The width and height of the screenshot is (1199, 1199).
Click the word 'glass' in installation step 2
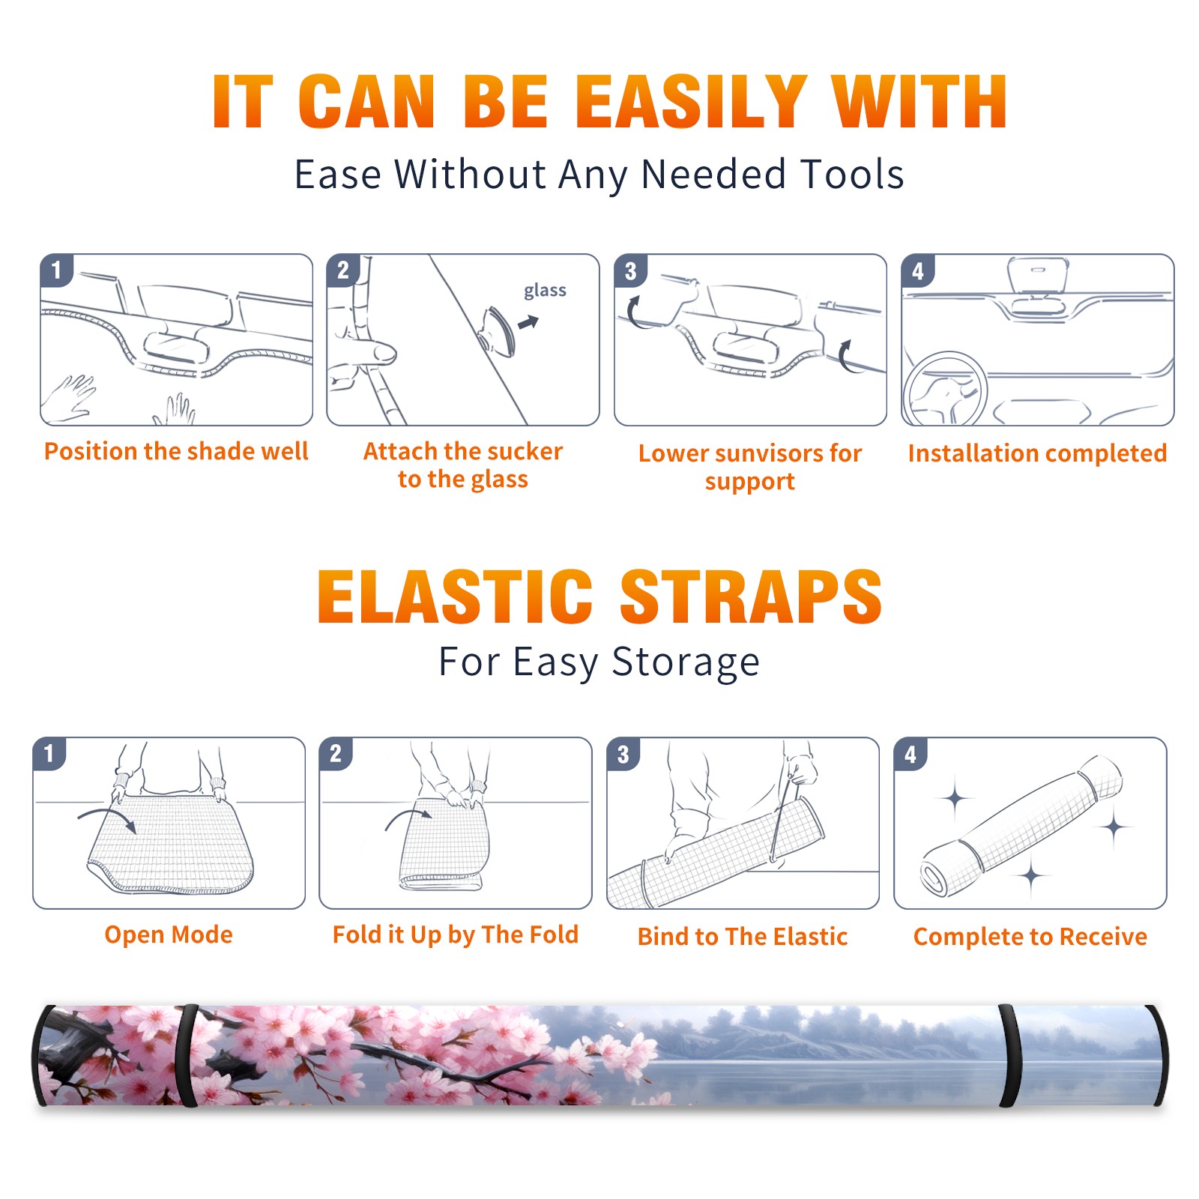click(x=545, y=291)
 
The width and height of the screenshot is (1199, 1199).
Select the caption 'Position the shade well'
click(x=176, y=451)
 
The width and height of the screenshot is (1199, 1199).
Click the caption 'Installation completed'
click(x=1037, y=453)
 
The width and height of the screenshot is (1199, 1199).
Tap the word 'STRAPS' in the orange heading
click(x=751, y=597)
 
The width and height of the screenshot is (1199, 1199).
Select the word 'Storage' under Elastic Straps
click(x=686, y=662)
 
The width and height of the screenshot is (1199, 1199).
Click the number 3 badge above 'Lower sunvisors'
click(x=630, y=271)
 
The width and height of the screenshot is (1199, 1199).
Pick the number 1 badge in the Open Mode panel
click(x=49, y=753)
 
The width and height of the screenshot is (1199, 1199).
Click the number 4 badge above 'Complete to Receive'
click(x=910, y=754)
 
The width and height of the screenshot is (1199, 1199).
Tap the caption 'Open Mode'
click(x=169, y=934)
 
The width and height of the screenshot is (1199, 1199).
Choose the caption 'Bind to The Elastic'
click(x=742, y=937)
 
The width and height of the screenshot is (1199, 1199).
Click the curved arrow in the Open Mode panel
click(x=106, y=817)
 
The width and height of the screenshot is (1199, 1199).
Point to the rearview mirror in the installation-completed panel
click(x=1037, y=275)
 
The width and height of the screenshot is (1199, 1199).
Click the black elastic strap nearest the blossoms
click(x=186, y=1055)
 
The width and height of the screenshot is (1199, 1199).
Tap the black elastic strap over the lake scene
click(x=1010, y=1056)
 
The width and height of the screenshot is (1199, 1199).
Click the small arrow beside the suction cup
click(x=528, y=322)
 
